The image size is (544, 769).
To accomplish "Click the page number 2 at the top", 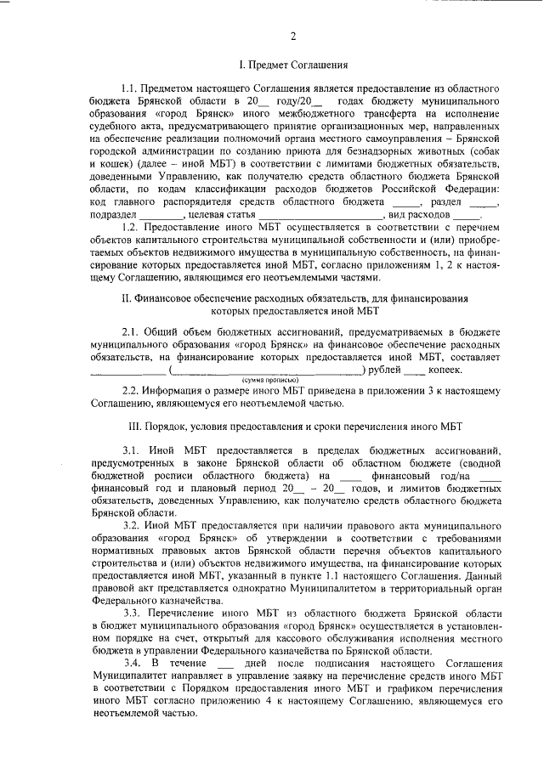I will pyautogui.click(x=293, y=36).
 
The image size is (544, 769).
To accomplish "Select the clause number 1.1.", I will pyautogui.click(x=131, y=88).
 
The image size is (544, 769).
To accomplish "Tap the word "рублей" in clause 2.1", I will pyautogui.click(x=383, y=370).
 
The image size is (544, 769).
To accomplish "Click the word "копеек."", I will pyautogui.click(x=444, y=370).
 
